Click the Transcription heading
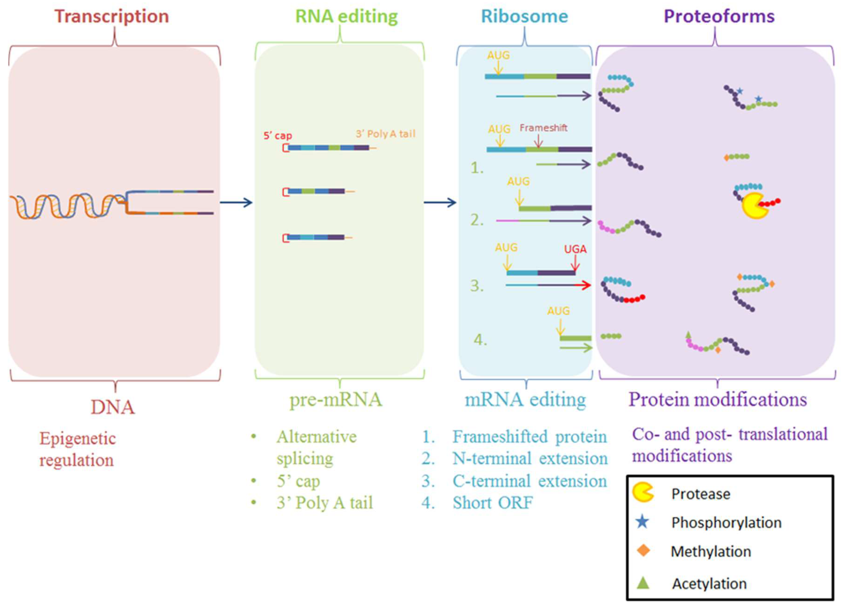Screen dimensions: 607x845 tap(112, 16)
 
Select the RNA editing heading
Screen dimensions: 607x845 tap(347, 16)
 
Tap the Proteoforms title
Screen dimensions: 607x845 tap(719, 16)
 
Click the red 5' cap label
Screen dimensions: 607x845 tap(277, 136)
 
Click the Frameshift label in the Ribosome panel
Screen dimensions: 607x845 tap(543, 128)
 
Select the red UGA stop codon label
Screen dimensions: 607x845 tap(575, 249)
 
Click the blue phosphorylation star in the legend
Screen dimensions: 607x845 tap(643, 522)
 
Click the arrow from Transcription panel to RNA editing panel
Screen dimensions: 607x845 tap(236, 202)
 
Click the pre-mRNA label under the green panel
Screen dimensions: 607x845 tap(336, 400)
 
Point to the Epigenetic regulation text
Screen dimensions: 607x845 tap(77, 449)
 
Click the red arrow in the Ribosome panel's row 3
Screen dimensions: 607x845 tap(583, 285)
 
